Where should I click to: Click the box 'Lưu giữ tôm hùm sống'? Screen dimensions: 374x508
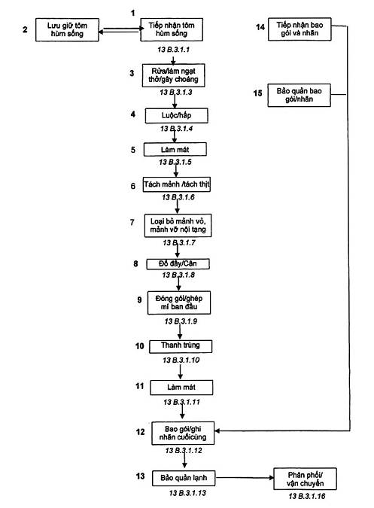click(x=67, y=30)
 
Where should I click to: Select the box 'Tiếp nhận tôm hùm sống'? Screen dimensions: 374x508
click(x=172, y=29)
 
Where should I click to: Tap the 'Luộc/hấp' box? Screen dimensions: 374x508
click(x=177, y=116)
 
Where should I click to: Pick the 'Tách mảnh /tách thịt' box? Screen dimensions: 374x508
click(x=177, y=184)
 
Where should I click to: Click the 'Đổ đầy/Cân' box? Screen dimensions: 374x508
click(x=178, y=263)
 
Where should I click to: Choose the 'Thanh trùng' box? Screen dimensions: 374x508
click(x=181, y=346)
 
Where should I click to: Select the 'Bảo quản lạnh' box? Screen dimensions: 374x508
click(x=184, y=478)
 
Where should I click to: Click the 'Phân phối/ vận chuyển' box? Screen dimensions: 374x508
click(x=305, y=479)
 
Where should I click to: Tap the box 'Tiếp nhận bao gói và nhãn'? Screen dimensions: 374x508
click(x=300, y=29)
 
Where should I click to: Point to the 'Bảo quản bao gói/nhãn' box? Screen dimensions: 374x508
click(x=300, y=96)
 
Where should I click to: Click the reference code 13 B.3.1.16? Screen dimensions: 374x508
click(x=306, y=496)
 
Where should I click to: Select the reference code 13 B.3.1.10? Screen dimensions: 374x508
click(x=181, y=360)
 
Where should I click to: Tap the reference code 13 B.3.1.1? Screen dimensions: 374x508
click(x=174, y=50)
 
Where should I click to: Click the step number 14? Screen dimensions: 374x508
click(x=260, y=27)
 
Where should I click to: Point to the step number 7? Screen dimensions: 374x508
click(x=132, y=223)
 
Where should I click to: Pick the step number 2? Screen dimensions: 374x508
click(x=25, y=29)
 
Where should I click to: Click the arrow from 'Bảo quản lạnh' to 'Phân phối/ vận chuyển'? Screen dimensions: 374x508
click(x=245, y=478)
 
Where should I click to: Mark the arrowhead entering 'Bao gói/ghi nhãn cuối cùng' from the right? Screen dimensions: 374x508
click(x=217, y=431)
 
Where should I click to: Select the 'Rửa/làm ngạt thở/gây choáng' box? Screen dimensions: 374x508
click(x=174, y=75)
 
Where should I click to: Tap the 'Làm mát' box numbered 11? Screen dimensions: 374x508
click(x=181, y=388)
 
